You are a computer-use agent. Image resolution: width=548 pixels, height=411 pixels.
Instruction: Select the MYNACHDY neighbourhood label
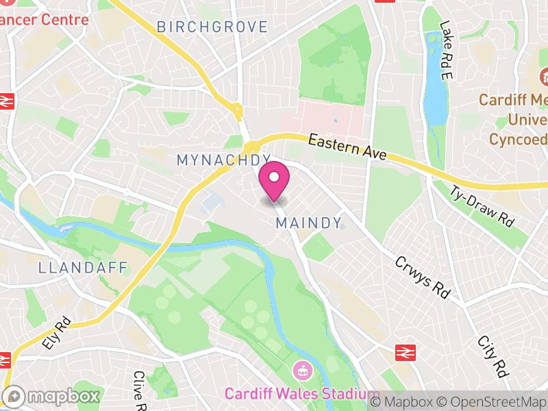[224, 160]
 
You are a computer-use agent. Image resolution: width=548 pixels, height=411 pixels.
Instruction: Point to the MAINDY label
[308, 223]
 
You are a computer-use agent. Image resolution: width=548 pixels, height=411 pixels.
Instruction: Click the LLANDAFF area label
[84, 267]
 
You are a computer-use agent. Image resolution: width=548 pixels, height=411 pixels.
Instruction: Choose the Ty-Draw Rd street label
[482, 206]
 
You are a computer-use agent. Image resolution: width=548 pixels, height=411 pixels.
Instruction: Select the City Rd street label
[493, 356]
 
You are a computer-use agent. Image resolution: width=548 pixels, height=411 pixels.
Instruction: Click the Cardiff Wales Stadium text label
[301, 395]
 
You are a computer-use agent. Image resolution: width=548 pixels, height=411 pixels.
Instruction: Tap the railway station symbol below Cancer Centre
[7, 101]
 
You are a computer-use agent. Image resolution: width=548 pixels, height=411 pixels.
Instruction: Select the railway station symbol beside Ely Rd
[5, 360]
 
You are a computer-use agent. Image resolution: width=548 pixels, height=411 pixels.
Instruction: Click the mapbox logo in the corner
[53, 397]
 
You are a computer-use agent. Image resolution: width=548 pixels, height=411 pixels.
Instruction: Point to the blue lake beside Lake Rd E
[435, 89]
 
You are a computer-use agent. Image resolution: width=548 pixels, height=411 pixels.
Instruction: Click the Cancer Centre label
[44, 18]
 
